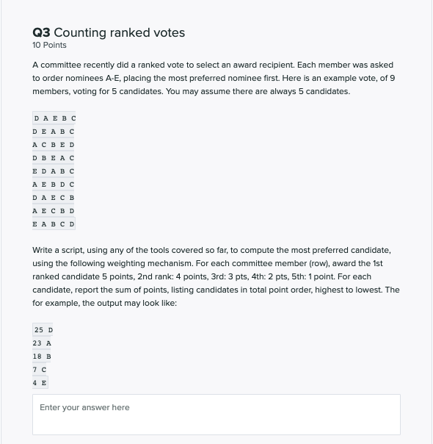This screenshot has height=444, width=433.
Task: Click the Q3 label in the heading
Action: click(41, 32)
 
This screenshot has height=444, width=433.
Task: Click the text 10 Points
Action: click(49, 46)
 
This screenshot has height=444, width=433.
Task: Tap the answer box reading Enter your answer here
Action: click(216, 414)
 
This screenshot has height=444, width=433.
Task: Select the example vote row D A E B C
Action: click(54, 118)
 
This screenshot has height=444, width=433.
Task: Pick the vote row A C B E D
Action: click(54, 144)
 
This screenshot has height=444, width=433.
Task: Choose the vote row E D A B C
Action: click(54, 171)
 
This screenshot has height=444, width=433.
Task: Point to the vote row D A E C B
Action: click(54, 197)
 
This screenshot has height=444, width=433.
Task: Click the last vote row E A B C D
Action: click(54, 223)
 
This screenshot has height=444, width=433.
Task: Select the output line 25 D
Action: click(43, 329)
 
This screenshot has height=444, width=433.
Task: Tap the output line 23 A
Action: click(42, 343)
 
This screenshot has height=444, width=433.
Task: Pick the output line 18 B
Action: click(42, 356)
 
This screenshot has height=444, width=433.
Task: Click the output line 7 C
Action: click(40, 369)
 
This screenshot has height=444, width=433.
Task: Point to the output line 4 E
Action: click(40, 382)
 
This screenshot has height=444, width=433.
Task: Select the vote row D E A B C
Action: click(54, 131)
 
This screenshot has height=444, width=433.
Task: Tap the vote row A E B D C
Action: click(54, 184)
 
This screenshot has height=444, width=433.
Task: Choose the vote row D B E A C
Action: click(54, 157)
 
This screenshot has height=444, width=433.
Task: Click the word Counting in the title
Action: click(81, 32)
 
